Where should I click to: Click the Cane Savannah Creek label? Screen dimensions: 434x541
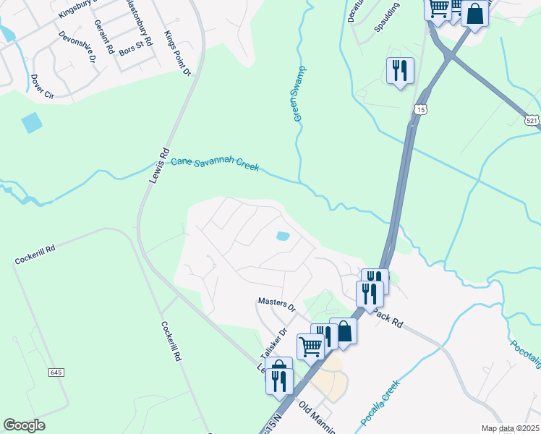(215, 165)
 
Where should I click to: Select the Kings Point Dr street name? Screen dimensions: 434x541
(177, 54)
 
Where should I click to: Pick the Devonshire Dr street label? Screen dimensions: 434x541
(77, 47)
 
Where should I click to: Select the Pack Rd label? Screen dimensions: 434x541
(388, 320)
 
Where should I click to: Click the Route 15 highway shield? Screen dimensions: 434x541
(420, 109)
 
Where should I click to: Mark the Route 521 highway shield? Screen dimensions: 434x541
(532, 119)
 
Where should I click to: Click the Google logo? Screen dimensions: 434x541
(24, 425)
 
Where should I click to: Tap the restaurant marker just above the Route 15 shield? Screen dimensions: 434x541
(400, 71)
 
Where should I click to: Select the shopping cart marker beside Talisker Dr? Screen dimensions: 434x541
(310, 346)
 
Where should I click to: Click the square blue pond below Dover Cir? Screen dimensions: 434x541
(32, 123)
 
